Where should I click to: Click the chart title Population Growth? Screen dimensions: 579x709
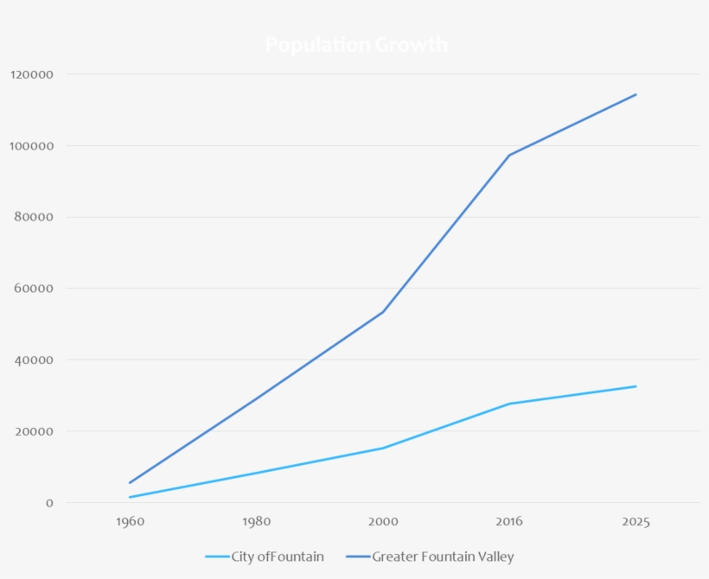click(x=356, y=45)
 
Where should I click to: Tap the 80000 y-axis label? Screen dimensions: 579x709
click(x=35, y=218)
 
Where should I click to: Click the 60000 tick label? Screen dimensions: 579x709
click(x=35, y=289)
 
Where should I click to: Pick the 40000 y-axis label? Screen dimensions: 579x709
click(x=35, y=360)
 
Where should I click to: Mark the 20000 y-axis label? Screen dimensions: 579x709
click(x=35, y=431)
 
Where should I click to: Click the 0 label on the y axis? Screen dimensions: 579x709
click(x=50, y=503)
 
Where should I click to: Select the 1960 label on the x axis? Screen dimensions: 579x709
click(x=130, y=522)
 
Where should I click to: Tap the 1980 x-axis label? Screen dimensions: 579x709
click(x=257, y=522)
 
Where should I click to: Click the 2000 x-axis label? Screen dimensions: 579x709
click(x=383, y=522)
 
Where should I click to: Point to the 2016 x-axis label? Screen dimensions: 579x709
click(x=509, y=522)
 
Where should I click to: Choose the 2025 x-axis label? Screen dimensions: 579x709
click(x=636, y=522)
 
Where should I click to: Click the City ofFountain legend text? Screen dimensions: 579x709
click(x=278, y=557)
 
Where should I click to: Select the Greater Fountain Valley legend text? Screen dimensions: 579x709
click(x=443, y=557)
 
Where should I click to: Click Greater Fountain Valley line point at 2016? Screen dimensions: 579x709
click(x=509, y=156)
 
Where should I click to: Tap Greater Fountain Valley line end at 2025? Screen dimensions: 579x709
click(x=636, y=94)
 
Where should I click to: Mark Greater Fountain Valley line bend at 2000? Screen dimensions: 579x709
click(x=383, y=312)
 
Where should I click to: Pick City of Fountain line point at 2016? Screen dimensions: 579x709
click(x=509, y=404)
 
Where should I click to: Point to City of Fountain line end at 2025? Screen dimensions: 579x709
click(x=636, y=386)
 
